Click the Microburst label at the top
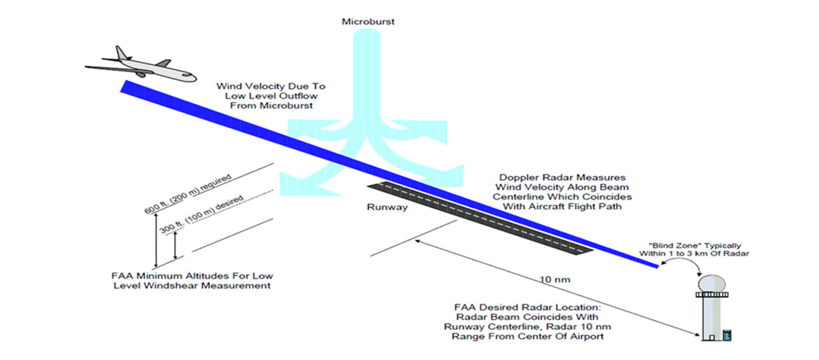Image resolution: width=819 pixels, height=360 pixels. point(367,22)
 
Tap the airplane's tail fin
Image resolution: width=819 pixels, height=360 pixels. point(123,53)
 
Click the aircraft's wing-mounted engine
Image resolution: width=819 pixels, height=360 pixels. point(141,73)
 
